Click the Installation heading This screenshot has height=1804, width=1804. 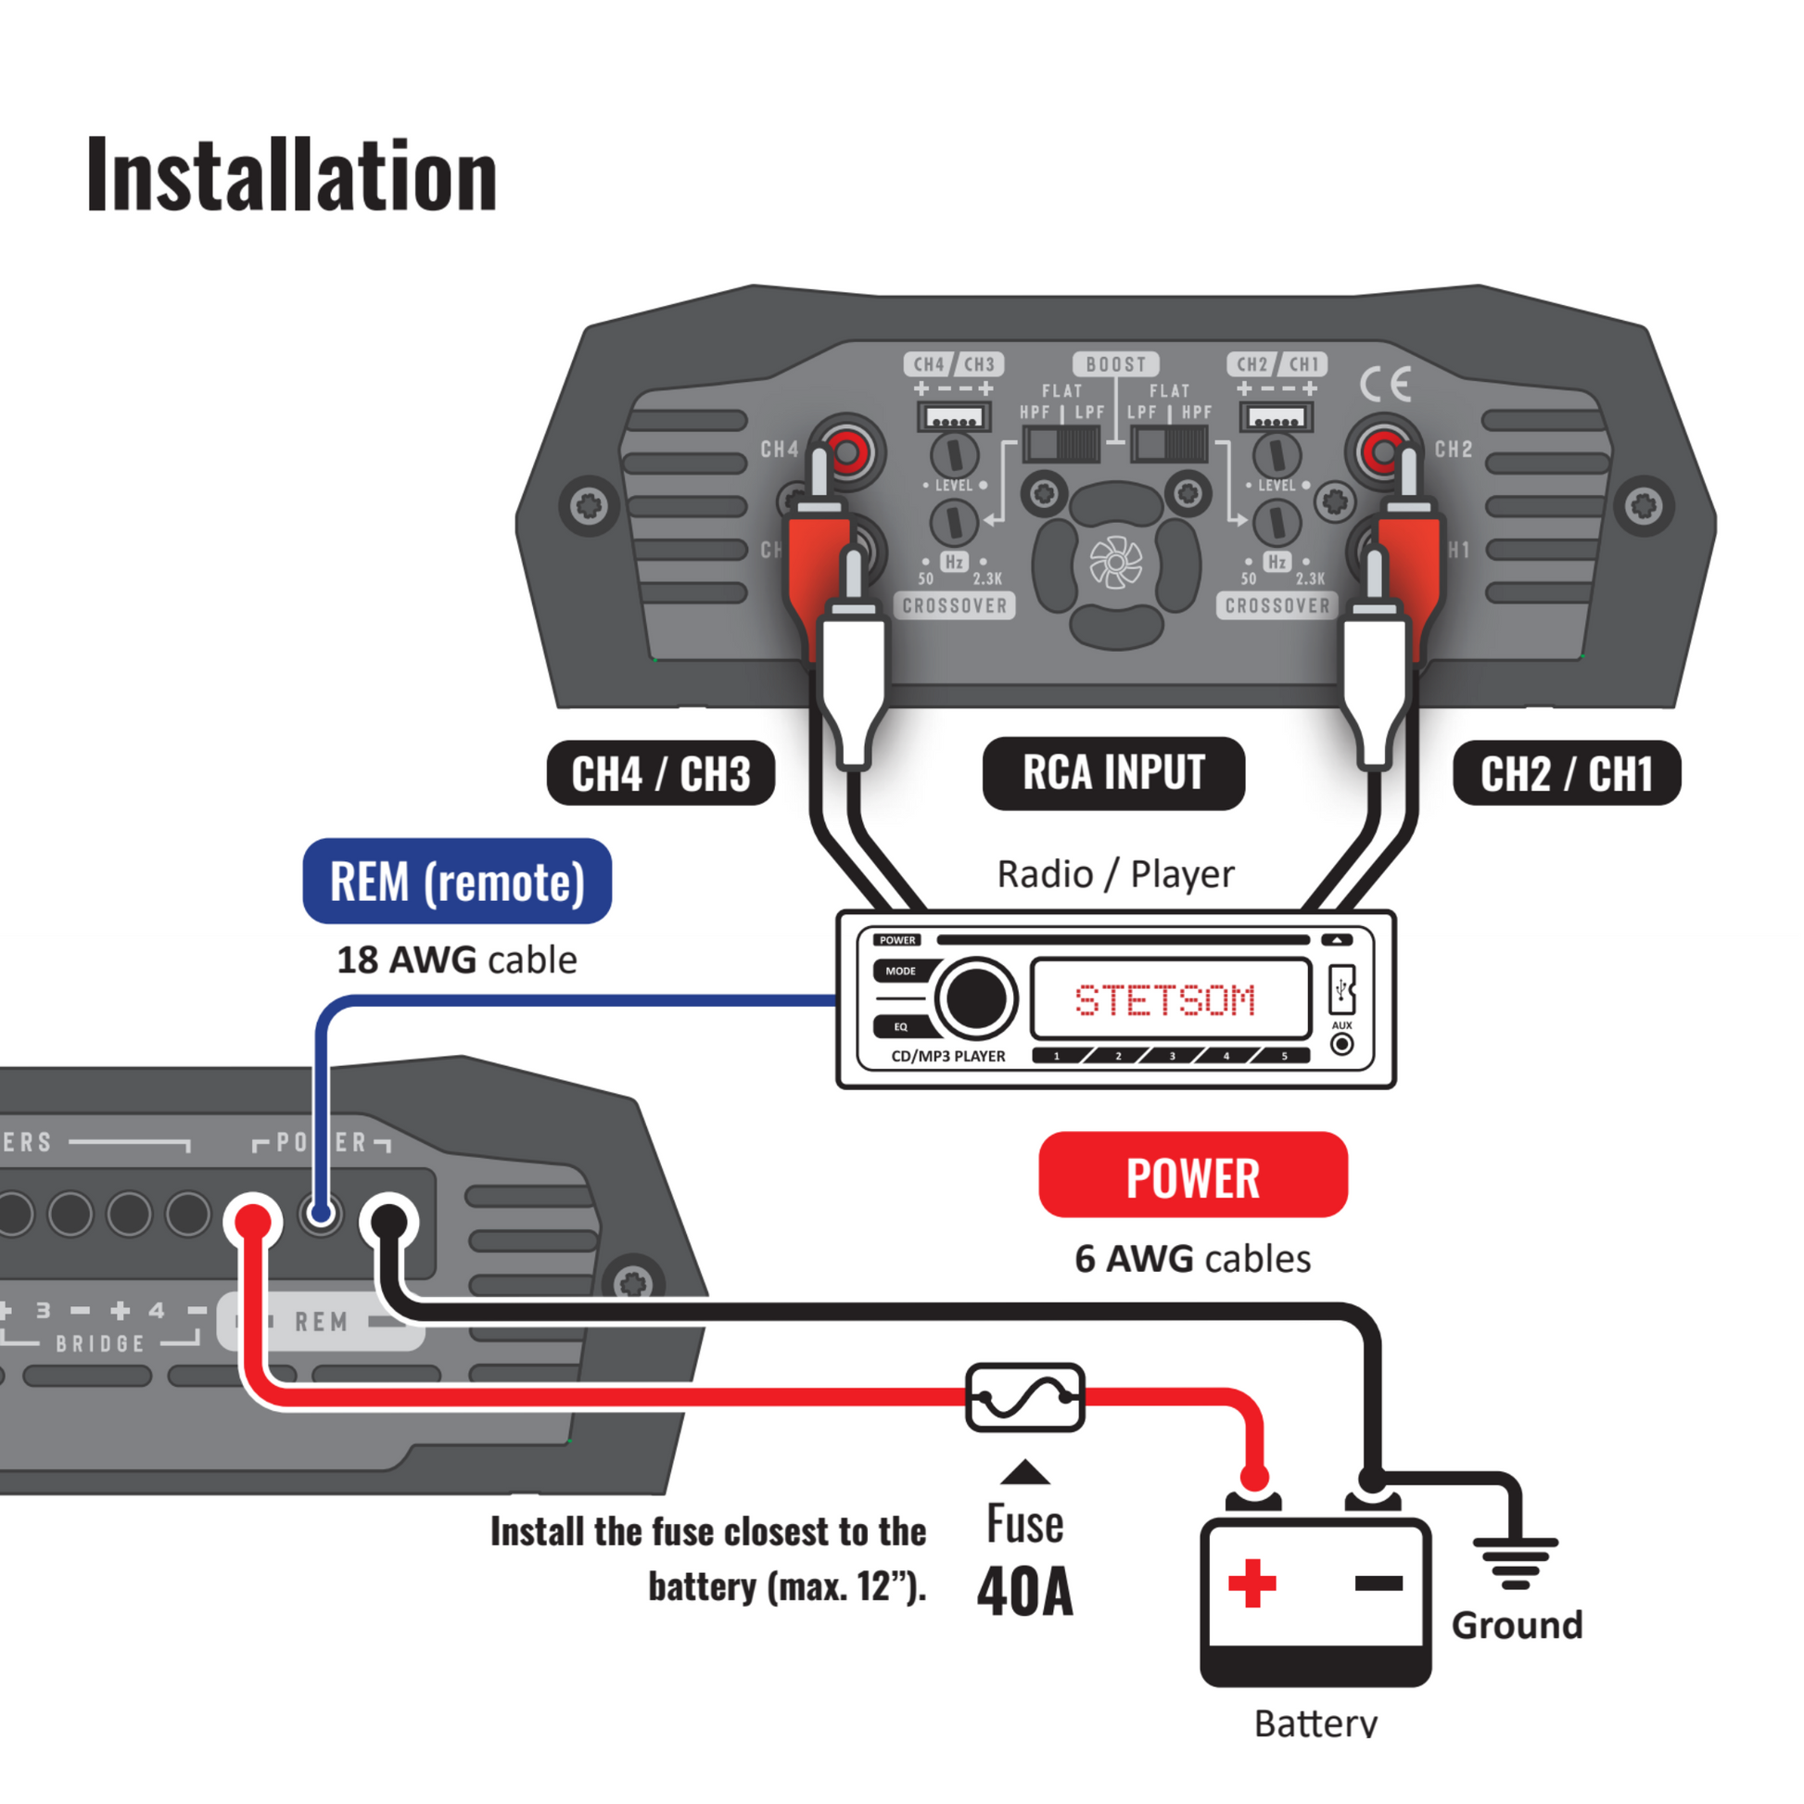[x=291, y=175]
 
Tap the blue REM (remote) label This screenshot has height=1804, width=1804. [x=457, y=882]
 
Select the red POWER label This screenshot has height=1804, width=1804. [x=1192, y=1175]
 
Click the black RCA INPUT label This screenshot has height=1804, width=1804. [x=1113, y=773]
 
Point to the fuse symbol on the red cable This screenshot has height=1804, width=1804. [x=1024, y=1398]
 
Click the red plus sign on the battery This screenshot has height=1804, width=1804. [x=1251, y=1582]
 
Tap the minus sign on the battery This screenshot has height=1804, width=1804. [x=1378, y=1582]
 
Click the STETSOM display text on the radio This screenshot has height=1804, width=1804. [x=1165, y=1000]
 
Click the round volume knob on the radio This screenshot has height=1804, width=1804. [x=976, y=998]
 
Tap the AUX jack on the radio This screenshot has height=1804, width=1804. [x=1341, y=1044]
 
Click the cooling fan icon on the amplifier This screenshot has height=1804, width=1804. [x=1116, y=563]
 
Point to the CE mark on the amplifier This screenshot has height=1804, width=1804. [x=1385, y=384]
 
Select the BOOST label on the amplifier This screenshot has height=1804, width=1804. [x=1116, y=364]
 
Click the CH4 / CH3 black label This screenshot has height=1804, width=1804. [x=660, y=774]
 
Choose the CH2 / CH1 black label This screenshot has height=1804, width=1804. [x=1566, y=774]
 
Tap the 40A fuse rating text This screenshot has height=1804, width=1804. [x=1025, y=1592]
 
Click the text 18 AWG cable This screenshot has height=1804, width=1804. [x=457, y=959]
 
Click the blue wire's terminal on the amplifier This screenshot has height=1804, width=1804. [x=321, y=1213]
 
